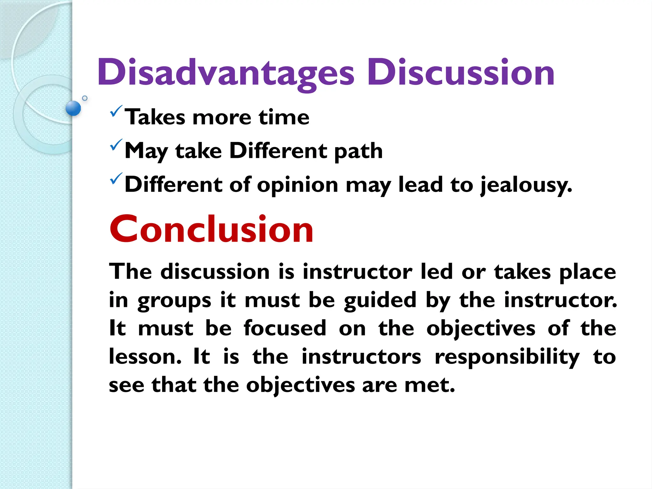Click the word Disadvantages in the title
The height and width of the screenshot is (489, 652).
click(x=225, y=73)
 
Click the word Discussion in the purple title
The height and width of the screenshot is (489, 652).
click(x=461, y=73)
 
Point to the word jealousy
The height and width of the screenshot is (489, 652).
click(x=526, y=185)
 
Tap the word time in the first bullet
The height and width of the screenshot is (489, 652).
click(x=284, y=117)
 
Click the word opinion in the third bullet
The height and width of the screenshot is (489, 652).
click(x=297, y=185)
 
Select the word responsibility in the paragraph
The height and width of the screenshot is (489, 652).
click(x=507, y=357)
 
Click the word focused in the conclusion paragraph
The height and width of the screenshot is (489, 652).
click(x=285, y=328)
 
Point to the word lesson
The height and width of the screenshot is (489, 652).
click(x=145, y=357)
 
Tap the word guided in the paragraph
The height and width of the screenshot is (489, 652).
click(x=380, y=301)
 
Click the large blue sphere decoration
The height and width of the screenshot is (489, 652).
click(x=73, y=108)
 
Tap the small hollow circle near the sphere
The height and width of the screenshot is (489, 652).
click(x=85, y=98)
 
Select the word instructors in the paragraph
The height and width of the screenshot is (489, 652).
click(x=361, y=357)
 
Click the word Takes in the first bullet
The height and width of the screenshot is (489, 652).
click(x=155, y=117)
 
